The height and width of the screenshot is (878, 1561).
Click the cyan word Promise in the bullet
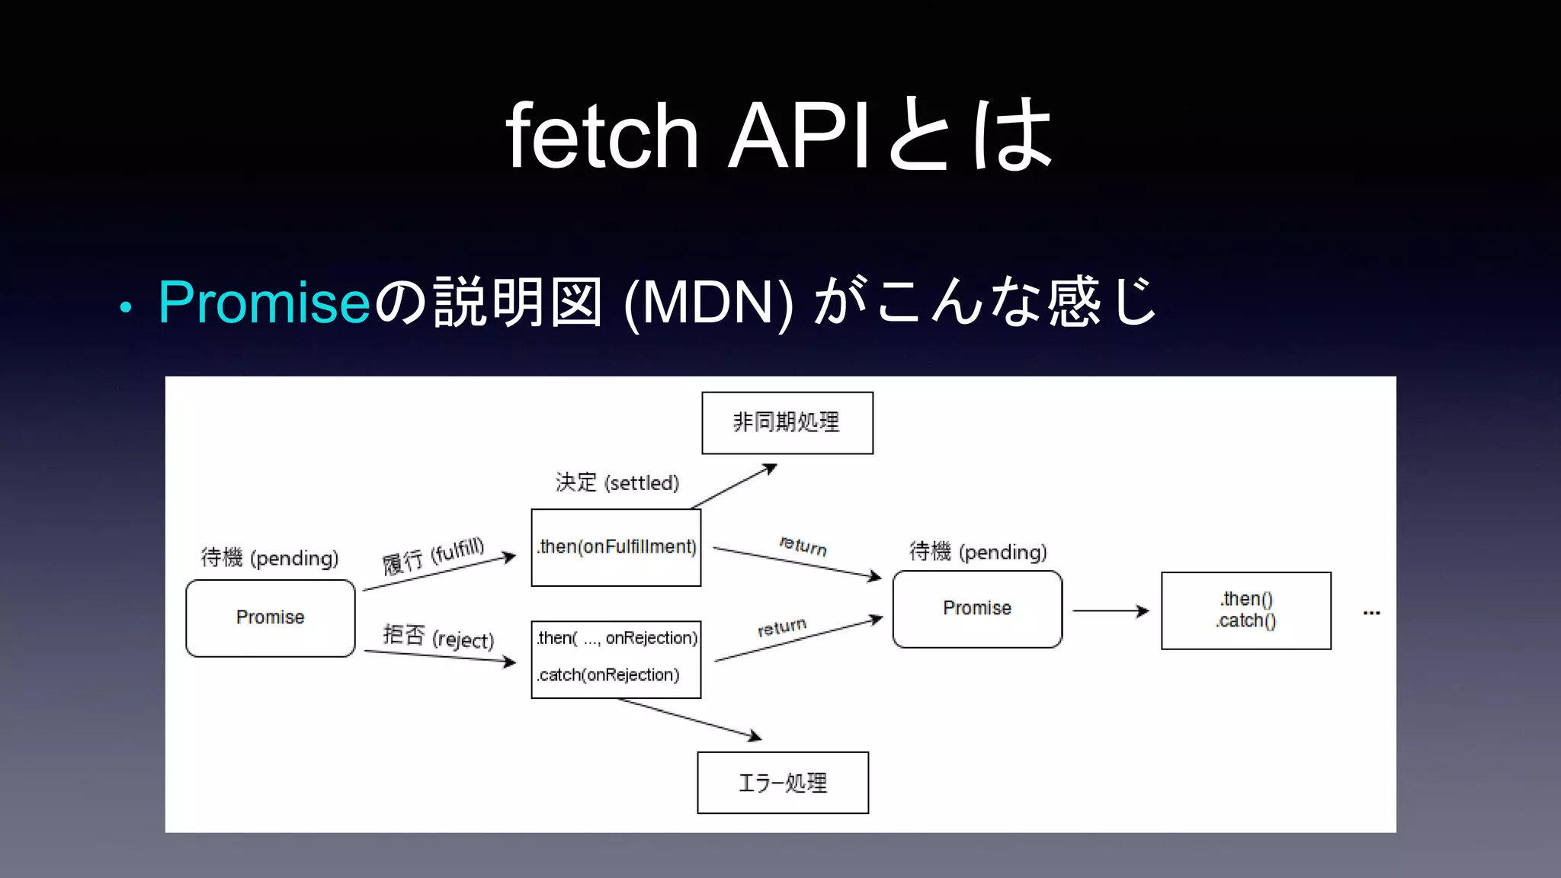[264, 303]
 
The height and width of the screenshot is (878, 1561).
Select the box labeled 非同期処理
[787, 423]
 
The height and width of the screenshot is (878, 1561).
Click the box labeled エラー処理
[782, 783]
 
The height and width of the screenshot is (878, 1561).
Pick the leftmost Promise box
[270, 617]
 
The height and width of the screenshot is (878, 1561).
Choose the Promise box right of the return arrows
[976, 608]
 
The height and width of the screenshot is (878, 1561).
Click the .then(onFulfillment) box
[616, 547]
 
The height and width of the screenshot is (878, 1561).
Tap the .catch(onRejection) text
[607, 675]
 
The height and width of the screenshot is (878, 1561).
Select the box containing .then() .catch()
[1245, 610]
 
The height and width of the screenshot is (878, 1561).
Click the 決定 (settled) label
[617, 482]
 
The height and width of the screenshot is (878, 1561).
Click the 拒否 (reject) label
[438, 637]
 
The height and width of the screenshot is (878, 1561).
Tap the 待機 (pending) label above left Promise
[269, 558]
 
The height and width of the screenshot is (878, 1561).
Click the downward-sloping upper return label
[803, 546]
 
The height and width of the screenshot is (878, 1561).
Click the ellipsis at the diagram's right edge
[1371, 613]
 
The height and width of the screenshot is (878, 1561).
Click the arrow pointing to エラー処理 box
[690, 718]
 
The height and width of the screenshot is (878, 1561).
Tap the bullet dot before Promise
[126, 308]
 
